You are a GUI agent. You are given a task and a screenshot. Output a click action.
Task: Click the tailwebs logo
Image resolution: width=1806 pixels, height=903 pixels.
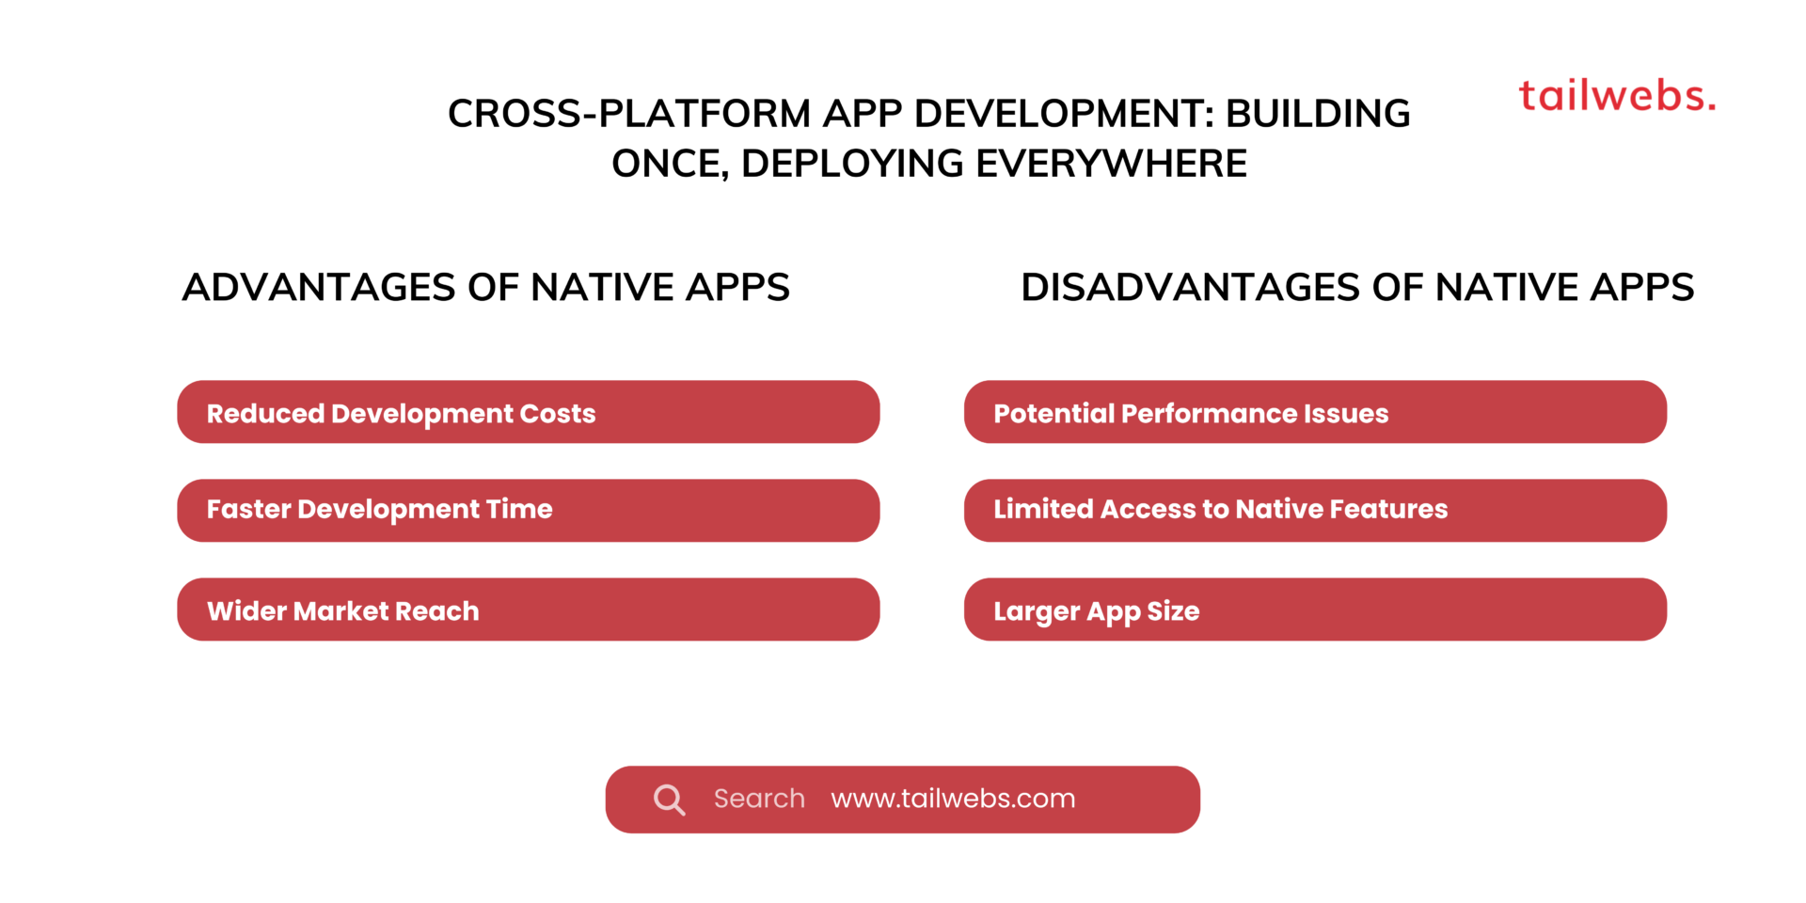[x=1617, y=96]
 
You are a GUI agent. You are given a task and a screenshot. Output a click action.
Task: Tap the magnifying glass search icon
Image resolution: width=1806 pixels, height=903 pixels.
[x=669, y=800]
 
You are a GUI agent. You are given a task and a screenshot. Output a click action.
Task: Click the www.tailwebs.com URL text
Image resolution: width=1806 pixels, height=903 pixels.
[x=953, y=799]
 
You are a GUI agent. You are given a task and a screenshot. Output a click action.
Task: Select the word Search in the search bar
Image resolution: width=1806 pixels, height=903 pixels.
[x=759, y=799]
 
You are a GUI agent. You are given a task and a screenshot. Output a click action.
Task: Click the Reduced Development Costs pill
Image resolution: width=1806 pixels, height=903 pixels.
[x=528, y=412]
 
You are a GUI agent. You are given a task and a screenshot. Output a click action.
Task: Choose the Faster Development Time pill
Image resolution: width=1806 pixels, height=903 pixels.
[x=528, y=511]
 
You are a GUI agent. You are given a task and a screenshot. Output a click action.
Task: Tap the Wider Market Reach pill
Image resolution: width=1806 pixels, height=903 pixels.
[x=528, y=610]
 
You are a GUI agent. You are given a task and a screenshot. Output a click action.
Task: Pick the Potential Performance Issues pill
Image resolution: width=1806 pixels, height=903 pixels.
[x=1315, y=412]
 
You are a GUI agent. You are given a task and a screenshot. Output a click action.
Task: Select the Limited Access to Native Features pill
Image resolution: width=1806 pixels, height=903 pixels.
[x=1315, y=511]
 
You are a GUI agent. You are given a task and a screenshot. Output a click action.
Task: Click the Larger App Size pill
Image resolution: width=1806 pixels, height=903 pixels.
[x=1315, y=610]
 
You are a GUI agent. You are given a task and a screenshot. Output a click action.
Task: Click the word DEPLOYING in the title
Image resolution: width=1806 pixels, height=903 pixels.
[x=852, y=164]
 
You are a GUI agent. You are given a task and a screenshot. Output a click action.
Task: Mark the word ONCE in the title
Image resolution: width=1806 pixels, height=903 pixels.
[x=669, y=164]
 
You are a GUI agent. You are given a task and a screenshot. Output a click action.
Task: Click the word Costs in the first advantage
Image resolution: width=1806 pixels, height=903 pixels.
[x=558, y=414]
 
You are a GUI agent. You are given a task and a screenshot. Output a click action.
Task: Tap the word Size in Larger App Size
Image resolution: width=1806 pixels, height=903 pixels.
[x=1173, y=611]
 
